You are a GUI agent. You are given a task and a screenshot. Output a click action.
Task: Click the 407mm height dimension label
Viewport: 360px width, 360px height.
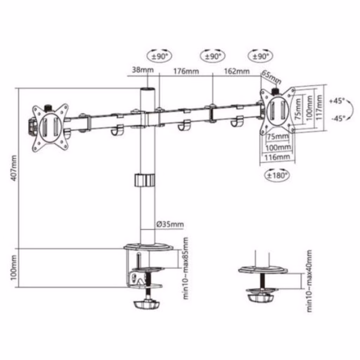[14, 168]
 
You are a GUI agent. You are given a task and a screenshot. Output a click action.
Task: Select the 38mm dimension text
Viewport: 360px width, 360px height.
[143, 70]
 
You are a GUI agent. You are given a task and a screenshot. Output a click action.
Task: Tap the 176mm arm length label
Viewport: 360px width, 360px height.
[186, 71]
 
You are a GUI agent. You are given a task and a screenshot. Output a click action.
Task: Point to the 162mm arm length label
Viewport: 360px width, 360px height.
[237, 71]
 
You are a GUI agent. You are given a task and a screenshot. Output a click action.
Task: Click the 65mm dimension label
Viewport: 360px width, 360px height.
[272, 77]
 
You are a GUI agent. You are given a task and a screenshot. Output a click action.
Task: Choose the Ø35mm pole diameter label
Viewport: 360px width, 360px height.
[170, 224]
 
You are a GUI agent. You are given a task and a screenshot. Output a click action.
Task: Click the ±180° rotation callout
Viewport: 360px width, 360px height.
[277, 175]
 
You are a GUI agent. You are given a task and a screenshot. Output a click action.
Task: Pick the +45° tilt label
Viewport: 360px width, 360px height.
[337, 101]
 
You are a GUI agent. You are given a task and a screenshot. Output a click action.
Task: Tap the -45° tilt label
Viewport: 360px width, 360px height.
[338, 118]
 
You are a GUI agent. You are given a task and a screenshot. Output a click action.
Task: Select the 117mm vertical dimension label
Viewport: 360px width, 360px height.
[319, 107]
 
